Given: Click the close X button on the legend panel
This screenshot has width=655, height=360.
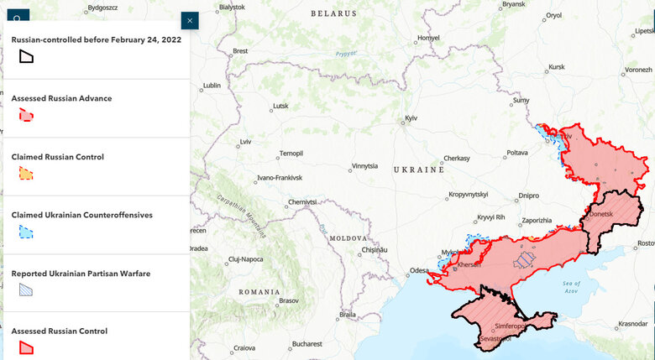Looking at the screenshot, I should click(x=190, y=20).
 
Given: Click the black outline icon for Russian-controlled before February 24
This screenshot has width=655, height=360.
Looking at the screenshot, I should click(x=27, y=56).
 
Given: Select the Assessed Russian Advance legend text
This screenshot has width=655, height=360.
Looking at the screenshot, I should click(x=61, y=98).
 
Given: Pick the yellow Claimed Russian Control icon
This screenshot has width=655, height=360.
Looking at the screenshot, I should click(x=27, y=174).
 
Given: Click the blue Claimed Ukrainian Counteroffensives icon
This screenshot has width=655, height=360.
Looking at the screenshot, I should click(x=27, y=232).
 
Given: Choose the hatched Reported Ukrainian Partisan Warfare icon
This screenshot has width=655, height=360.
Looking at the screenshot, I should click(x=27, y=290).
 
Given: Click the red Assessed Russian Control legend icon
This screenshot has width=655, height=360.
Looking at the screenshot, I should click(x=27, y=347).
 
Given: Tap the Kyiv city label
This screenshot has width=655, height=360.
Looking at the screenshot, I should click(x=411, y=118).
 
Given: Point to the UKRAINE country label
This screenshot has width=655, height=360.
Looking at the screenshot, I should click(x=418, y=170).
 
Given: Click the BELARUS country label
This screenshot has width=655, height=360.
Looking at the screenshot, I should click(x=333, y=13).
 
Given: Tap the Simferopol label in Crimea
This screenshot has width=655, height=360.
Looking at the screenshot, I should click(x=510, y=326).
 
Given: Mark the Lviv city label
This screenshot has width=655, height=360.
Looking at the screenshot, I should click(x=245, y=142).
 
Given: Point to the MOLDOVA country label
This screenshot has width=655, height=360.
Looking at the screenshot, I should click(x=348, y=238).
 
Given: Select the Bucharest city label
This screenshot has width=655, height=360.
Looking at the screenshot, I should click(x=307, y=343).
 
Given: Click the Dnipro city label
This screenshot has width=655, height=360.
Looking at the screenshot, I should click(x=528, y=196).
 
